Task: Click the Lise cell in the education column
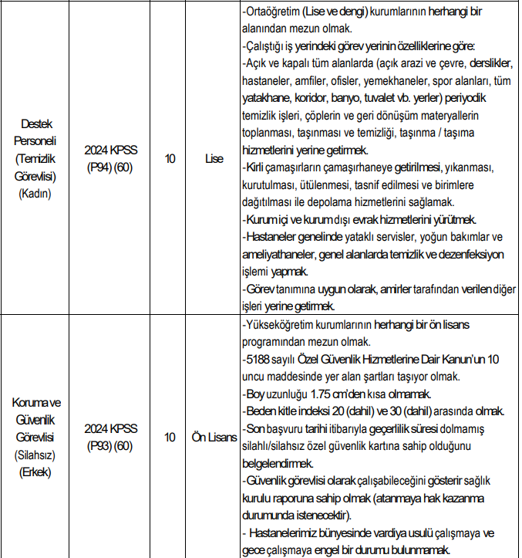(214, 159)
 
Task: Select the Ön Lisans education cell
(214, 438)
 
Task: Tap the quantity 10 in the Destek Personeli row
(170, 159)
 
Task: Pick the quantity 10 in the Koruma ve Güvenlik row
(170, 438)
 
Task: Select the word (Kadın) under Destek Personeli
(35, 194)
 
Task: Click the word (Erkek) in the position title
(35, 472)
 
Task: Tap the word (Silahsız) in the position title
(35, 455)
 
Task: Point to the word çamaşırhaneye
(362, 167)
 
